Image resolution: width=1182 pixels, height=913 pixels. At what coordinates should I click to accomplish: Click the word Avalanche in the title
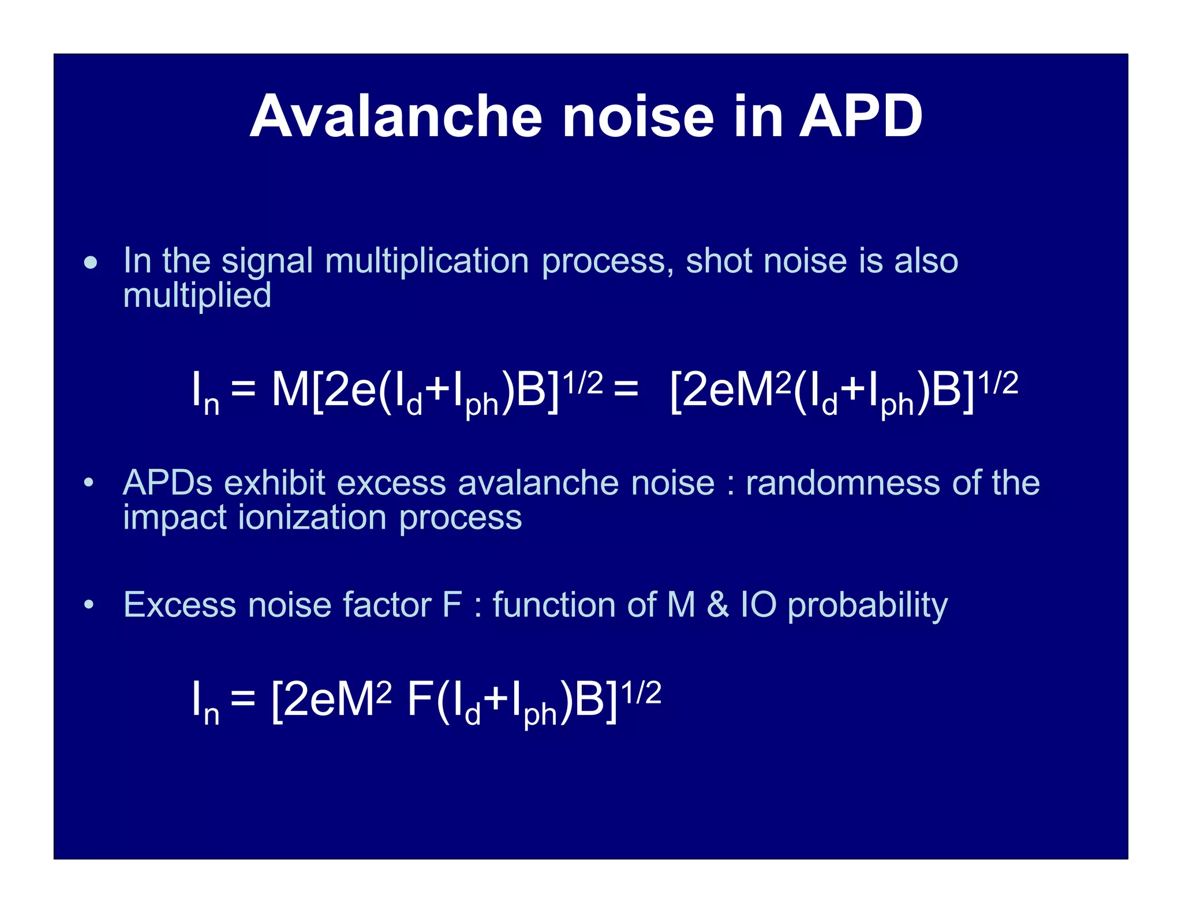396,117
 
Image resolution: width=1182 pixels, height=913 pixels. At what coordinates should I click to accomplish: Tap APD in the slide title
860,117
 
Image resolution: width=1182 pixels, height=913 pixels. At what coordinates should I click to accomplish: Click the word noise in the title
638,117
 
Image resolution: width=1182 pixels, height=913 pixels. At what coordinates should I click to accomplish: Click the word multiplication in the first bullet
427,261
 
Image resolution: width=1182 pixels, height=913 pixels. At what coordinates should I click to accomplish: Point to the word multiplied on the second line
197,295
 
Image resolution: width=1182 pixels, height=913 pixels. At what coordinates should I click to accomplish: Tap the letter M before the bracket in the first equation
290,390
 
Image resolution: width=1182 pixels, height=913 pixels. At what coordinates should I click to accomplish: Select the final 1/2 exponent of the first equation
998,383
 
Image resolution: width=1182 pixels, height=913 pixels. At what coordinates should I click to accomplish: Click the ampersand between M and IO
717,605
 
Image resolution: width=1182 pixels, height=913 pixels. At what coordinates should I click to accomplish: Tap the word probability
867,606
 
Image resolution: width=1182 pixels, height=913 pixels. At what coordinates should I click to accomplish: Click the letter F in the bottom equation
420,699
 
